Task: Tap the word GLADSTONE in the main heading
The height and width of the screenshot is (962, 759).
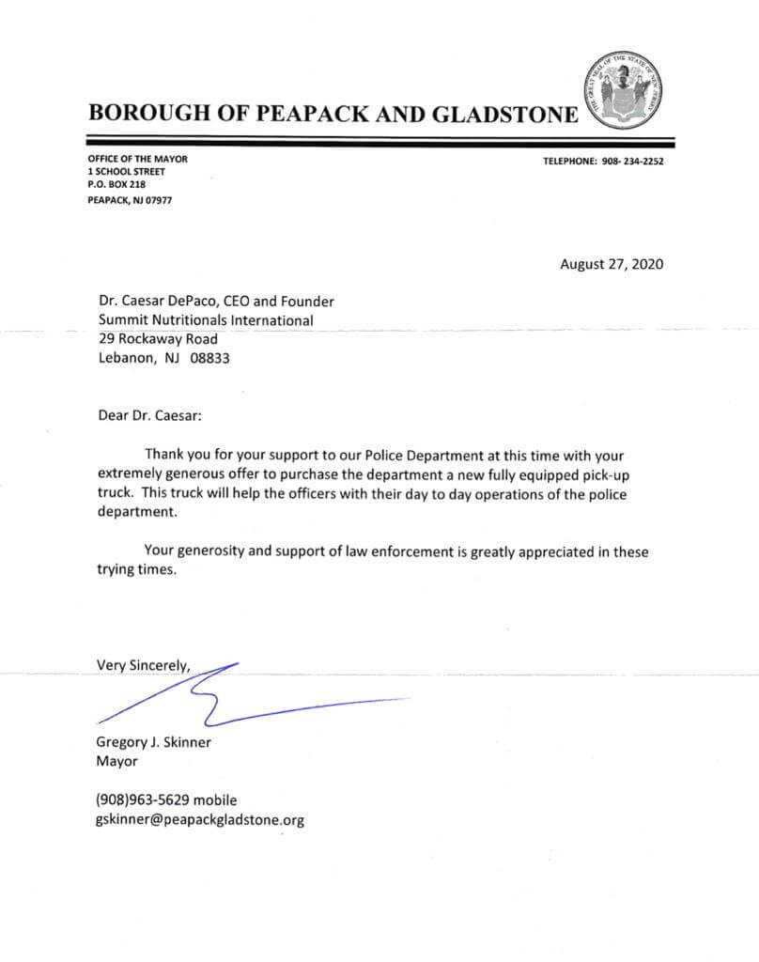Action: click(x=504, y=114)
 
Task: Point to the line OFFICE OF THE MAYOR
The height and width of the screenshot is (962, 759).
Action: click(x=137, y=159)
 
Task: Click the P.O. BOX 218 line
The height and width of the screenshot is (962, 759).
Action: click(x=116, y=185)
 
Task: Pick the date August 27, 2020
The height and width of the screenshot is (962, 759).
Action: click(x=612, y=264)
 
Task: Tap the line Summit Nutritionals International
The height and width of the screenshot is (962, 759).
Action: click(x=206, y=320)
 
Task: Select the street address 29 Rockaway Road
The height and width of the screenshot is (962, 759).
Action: click(x=158, y=338)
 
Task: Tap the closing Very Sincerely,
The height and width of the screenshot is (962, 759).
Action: click(x=144, y=666)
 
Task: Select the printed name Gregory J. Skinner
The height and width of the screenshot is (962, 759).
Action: click(x=154, y=742)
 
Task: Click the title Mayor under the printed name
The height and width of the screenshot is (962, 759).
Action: click(x=116, y=761)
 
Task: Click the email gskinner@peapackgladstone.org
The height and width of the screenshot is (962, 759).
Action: click(x=200, y=819)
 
